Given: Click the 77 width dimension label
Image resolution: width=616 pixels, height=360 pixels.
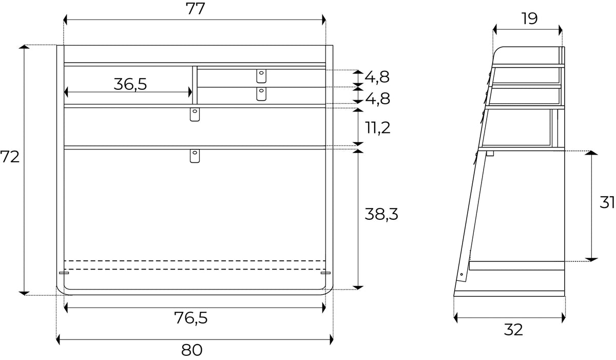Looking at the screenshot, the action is coord(195,9).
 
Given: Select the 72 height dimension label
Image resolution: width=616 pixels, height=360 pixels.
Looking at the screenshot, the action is coord(10,157).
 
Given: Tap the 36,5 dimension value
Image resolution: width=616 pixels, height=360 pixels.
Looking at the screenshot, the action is coord(130,84).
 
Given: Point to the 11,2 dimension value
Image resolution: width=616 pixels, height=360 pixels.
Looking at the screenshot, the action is coord(378,127).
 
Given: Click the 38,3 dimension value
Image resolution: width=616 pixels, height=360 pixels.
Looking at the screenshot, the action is coord(381,214).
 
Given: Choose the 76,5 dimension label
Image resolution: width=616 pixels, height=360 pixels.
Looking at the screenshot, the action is coord(191,318).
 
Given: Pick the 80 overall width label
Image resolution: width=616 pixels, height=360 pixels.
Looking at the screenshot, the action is coord(191,350).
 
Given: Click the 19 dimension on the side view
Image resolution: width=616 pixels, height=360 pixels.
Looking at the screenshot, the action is coord(529,18).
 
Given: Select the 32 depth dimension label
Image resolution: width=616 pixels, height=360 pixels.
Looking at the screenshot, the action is coord(513,330).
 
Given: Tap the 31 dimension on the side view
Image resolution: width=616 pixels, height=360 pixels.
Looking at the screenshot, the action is coord(607,203).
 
